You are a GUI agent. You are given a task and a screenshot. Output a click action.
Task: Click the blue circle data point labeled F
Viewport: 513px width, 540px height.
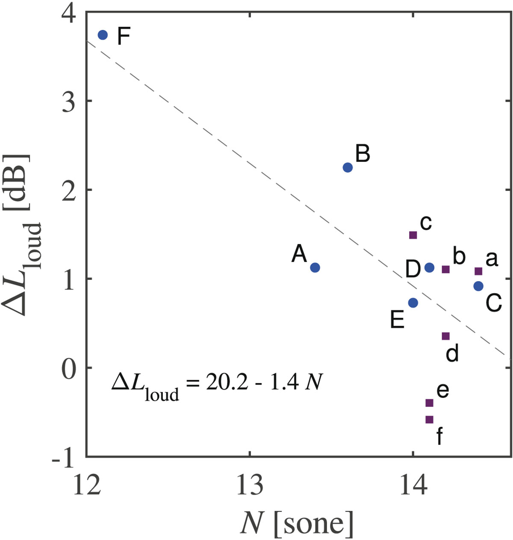pyautogui.click(x=103, y=35)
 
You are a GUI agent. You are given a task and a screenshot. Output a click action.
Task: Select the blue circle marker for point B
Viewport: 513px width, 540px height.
pyautogui.click(x=348, y=167)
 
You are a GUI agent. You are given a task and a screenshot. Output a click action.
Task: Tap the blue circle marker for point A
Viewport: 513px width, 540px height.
pyautogui.click(x=315, y=267)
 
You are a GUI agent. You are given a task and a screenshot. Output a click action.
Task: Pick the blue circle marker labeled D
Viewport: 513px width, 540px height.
pyautogui.click(x=430, y=267)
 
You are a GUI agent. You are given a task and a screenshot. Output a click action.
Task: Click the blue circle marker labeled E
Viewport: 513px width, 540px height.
pyautogui.click(x=413, y=302)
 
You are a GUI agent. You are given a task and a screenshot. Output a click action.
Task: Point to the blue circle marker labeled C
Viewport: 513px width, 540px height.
pyautogui.click(x=478, y=286)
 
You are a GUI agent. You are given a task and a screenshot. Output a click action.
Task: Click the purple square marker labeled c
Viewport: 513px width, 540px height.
pyautogui.click(x=413, y=235)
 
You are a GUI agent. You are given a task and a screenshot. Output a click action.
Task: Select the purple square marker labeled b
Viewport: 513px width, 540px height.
pyautogui.click(x=445, y=269)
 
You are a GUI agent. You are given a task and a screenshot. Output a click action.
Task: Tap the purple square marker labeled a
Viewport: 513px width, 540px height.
pyautogui.click(x=478, y=271)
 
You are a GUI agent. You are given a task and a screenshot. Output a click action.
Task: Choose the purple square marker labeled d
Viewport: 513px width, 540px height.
pyautogui.click(x=445, y=336)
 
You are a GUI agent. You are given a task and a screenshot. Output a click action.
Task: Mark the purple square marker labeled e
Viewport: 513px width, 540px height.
pyautogui.click(x=430, y=403)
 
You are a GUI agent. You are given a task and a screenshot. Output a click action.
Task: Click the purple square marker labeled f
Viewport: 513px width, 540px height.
pyautogui.click(x=430, y=420)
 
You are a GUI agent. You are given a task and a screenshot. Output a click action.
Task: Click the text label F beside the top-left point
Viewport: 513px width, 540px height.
pyautogui.click(x=124, y=37)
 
